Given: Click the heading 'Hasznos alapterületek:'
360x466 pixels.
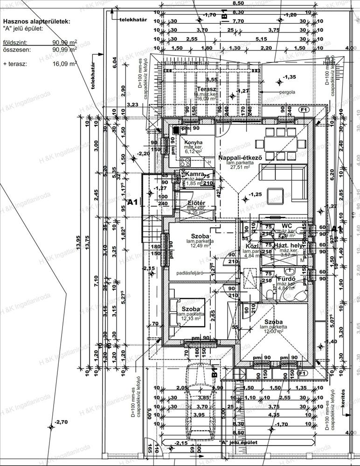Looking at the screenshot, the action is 36,21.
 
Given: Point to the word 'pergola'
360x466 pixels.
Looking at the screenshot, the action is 287,92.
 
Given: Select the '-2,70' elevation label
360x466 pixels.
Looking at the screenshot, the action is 61,422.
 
